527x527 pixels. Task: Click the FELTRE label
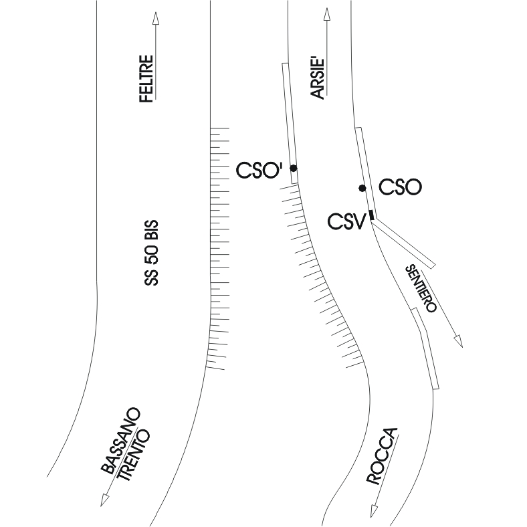(146, 78)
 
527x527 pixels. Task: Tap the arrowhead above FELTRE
(155, 18)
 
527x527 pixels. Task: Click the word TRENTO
(134, 455)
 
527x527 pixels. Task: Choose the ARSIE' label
(318, 79)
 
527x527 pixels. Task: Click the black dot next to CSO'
(293, 169)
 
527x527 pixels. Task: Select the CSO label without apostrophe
(400, 187)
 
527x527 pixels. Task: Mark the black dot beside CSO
(362, 188)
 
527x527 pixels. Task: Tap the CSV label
(346, 221)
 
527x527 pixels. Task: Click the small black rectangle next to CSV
(371, 214)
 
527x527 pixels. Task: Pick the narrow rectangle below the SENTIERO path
(426, 348)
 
